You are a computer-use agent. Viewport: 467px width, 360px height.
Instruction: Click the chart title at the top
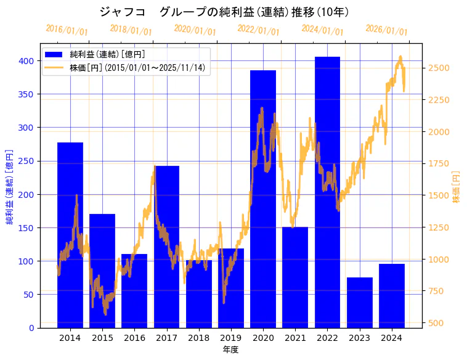click(x=224, y=12)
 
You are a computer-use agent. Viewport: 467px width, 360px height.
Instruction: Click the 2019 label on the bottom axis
click(x=231, y=338)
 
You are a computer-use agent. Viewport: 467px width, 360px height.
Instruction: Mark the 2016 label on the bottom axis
click(x=134, y=338)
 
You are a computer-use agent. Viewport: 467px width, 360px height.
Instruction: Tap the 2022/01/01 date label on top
click(x=258, y=30)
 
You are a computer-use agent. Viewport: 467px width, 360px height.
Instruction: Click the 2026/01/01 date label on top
click(x=386, y=30)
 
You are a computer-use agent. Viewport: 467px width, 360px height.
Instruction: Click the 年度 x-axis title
click(x=231, y=350)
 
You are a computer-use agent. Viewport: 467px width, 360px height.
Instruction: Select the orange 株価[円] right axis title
click(x=457, y=187)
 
